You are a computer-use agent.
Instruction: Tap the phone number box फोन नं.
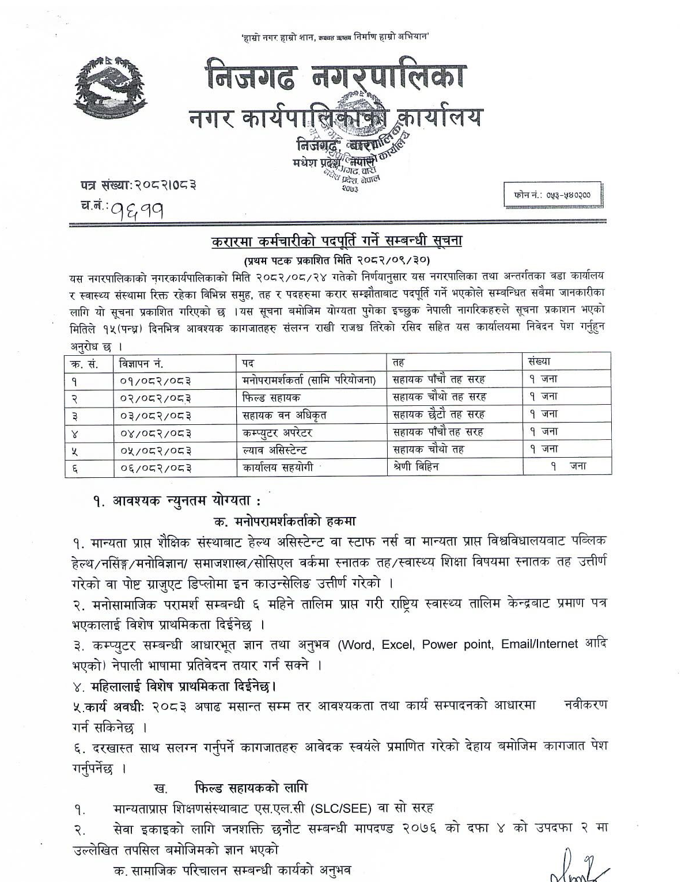coord(552,195)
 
